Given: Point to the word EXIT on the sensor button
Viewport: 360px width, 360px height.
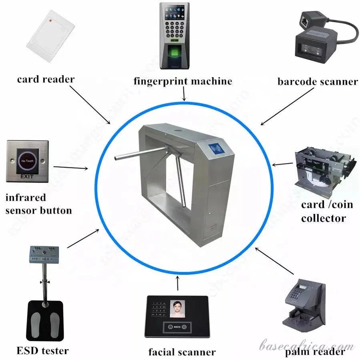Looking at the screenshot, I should tap(27, 176).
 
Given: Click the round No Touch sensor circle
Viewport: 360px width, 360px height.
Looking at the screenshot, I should tap(27, 162).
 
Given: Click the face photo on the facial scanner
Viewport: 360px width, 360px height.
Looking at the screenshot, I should tap(177, 310).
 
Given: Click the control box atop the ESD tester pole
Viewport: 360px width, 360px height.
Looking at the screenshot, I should tap(45, 254).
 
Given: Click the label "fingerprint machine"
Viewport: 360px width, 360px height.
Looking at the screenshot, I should tap(183, 81).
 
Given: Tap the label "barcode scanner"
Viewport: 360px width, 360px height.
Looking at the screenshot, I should tap(317, 82).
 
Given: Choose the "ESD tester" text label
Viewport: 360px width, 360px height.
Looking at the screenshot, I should tap(43, 351).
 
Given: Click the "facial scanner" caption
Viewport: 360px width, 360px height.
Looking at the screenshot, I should tap(182, 352).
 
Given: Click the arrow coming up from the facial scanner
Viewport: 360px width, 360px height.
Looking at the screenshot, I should tap(178, 283).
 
